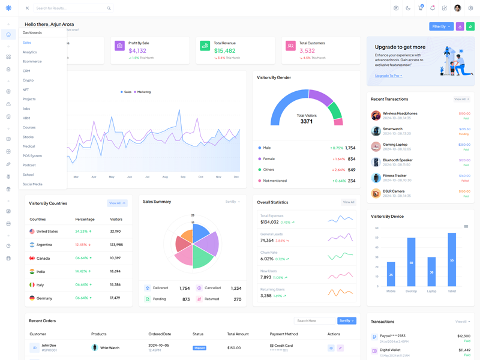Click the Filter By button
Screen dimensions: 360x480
click(441, 26)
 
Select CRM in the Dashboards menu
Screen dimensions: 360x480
click(26, 71)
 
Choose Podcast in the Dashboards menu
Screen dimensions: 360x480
click(29, 165)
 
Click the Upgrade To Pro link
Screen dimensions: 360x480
click(388, 76)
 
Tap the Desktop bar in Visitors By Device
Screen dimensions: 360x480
click(411, 262)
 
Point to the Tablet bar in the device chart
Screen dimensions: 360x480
click(452, 259)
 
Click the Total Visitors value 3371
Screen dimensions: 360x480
click(307, 121)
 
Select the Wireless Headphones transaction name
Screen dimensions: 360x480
click(400, 113)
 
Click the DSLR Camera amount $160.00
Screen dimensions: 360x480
click(464, 191)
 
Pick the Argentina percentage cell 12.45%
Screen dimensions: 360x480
click(82, 245)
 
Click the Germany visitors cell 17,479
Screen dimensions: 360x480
click(115, 298)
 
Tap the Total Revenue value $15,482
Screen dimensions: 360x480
click(225, 51)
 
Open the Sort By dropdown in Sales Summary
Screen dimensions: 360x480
click(232, 202)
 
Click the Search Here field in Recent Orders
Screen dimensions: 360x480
click(314, 321)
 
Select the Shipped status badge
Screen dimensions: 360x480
click(199, 348)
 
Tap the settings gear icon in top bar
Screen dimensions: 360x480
click(470, 8)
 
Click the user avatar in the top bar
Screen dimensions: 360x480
click(458, 8)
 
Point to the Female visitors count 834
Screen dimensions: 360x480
click(352, 159)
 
